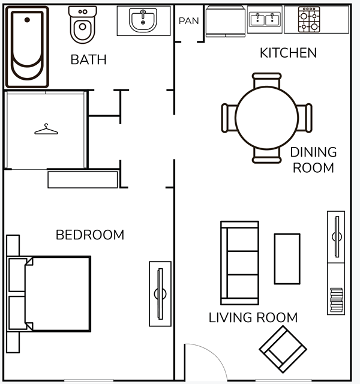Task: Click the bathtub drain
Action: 27,20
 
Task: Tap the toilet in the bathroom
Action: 83,25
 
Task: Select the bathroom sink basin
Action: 143,20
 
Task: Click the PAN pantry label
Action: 188,21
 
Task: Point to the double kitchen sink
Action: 265,19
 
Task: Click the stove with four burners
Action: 309,20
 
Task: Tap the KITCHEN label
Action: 288,53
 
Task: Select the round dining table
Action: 266,118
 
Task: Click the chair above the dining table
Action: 266,80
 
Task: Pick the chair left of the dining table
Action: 229,118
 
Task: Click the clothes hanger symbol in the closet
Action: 46,129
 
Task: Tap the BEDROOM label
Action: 90,235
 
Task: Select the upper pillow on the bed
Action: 17,275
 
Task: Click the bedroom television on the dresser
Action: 160,294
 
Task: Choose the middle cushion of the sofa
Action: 242,263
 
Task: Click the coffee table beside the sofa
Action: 287,259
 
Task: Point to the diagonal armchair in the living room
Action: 283,349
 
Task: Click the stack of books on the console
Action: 337,300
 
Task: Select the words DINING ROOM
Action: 313,160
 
